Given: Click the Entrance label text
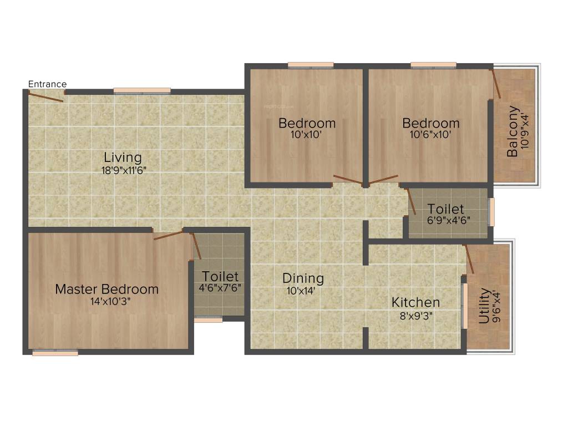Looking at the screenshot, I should click(x=47, y=84).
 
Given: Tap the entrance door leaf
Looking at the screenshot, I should click(x=46, y=97).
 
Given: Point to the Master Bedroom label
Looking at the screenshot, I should click(x=106, y=289).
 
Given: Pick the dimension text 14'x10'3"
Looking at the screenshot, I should click(x=106, y=301).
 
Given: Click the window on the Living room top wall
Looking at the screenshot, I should click(x=142, y=90).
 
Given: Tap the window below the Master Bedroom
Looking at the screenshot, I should click(x=55, y=352).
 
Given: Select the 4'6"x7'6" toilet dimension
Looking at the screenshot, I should click(x=220, y=288).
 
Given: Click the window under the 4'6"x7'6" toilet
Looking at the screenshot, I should click(x=209, y=319).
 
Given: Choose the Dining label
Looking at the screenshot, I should click(x=303, y=278).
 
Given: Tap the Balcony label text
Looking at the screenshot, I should click(x=513, y=131).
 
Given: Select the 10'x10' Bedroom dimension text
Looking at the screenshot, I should click(x=307, y=135).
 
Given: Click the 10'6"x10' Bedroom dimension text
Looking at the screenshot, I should click(x=431, y=135).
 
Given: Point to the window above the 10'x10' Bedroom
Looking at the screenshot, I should click(x=311, y=65).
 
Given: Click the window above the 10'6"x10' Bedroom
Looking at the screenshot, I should click(x=433, y=65).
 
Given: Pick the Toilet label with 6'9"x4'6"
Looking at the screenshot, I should click(x=445, y=209).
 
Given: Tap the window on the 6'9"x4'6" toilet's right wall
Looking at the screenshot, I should click(x=491, y=212).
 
